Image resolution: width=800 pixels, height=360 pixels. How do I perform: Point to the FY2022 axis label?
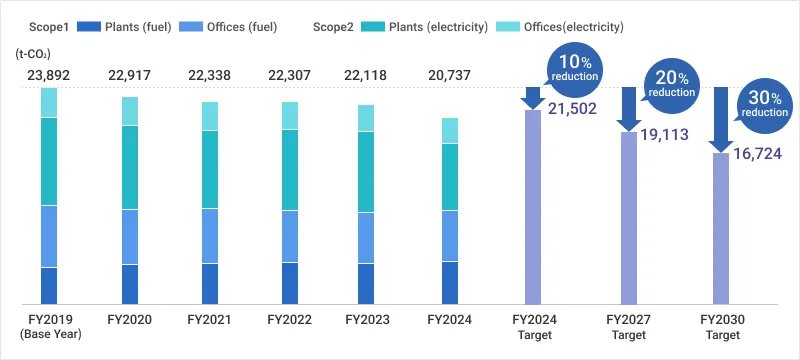[290, 320]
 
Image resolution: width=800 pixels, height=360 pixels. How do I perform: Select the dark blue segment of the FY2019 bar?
[49, 285]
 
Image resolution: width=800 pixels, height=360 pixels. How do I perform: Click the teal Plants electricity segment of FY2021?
[210, 169]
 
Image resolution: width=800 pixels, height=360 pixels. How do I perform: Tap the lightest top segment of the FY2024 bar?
[450, 130]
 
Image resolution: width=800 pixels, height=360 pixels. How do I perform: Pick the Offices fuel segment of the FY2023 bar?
[366, 238]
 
